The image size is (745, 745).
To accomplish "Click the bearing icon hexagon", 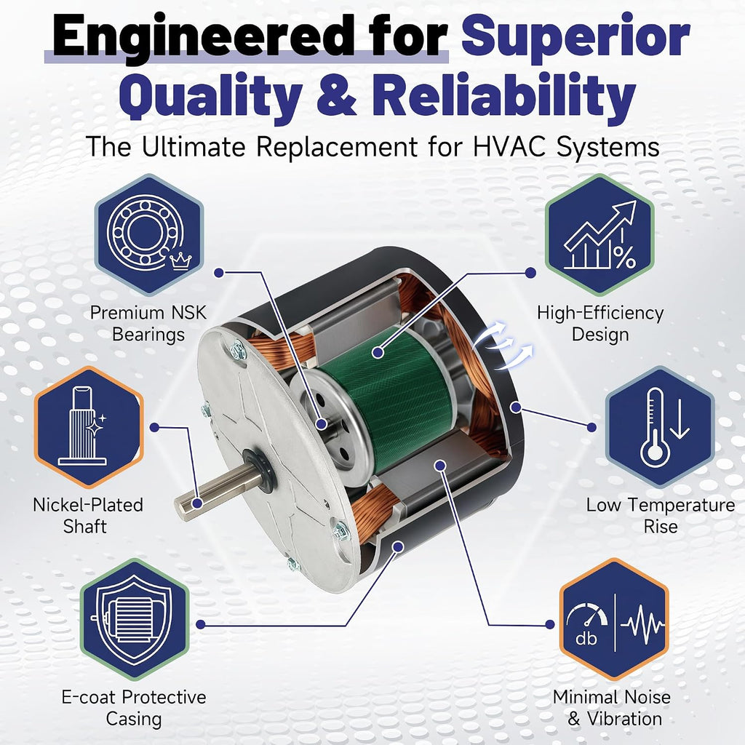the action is (x=149, y=235).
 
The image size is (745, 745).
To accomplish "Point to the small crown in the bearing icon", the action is (x=180, y=260).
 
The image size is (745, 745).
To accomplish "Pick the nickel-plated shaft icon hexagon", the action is (x=89, y=427).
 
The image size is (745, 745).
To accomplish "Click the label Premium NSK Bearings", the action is (x=148, y=324).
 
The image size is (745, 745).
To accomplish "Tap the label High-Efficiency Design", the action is (x=600, y=324).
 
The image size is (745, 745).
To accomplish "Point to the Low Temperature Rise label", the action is (x=661, y=516).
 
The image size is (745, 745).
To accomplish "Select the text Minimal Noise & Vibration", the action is (x=612, y=708).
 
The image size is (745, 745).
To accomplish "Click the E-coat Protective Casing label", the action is (x=134, y=708).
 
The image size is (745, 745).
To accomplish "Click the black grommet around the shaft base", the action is (x=260, y=470).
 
